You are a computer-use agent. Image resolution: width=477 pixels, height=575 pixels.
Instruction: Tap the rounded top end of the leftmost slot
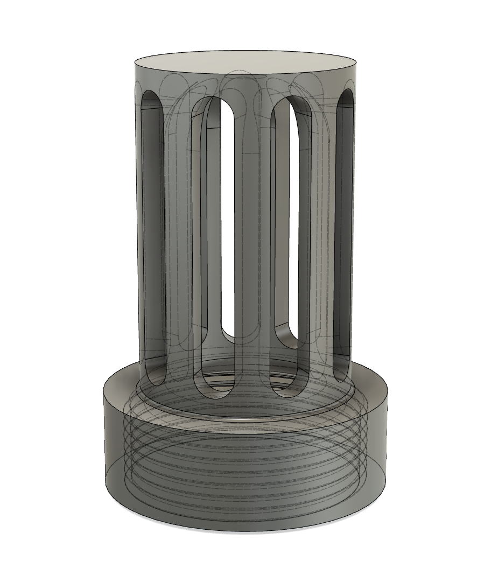pos(152,97)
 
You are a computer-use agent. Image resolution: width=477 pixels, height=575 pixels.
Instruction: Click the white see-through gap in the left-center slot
pos(228,215)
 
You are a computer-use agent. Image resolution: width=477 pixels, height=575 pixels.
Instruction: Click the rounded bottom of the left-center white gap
pos(228,336)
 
